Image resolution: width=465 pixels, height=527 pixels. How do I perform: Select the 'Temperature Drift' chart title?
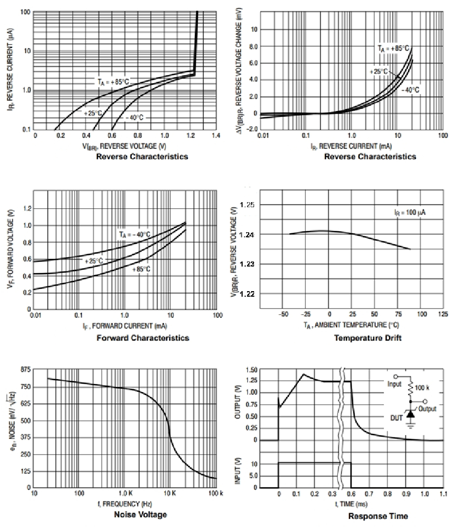368,338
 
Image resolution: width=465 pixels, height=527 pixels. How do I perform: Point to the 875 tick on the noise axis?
24,370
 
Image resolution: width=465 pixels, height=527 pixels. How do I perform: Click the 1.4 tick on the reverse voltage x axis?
216,136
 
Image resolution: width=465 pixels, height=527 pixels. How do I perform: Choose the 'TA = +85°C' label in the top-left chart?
113,80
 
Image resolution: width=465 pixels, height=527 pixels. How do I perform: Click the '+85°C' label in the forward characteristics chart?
141,269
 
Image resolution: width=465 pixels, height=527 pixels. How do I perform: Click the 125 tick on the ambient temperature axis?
443,314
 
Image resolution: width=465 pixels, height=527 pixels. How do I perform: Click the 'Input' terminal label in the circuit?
395,384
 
